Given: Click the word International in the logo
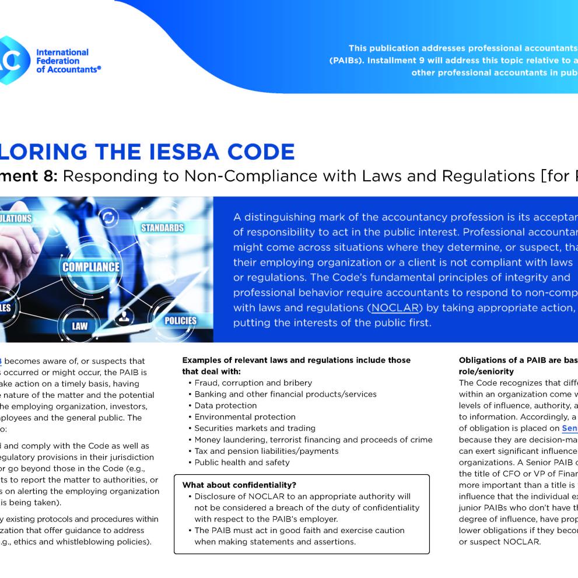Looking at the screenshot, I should click(x=62, y=52).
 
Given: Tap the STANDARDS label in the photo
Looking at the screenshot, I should click(x=162, y=227).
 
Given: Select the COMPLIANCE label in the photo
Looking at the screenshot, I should click(x=90, y=267).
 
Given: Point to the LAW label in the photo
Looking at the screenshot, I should click(x=79, y=325).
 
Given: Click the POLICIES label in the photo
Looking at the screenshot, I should click(x=180, y=320).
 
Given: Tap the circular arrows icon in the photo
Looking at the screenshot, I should click(x=108, y=218).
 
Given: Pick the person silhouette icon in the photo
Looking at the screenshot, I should click(x=124, y=317).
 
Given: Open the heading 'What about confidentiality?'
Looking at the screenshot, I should click(x=239, y=485).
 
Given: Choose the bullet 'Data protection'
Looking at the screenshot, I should click(x=225, y=405).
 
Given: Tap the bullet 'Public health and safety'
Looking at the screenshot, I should click(x=241, y=463).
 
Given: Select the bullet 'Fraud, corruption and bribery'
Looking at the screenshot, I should click(x=253, y=383).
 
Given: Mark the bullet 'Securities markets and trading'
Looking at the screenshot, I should click(x=254, y=428).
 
